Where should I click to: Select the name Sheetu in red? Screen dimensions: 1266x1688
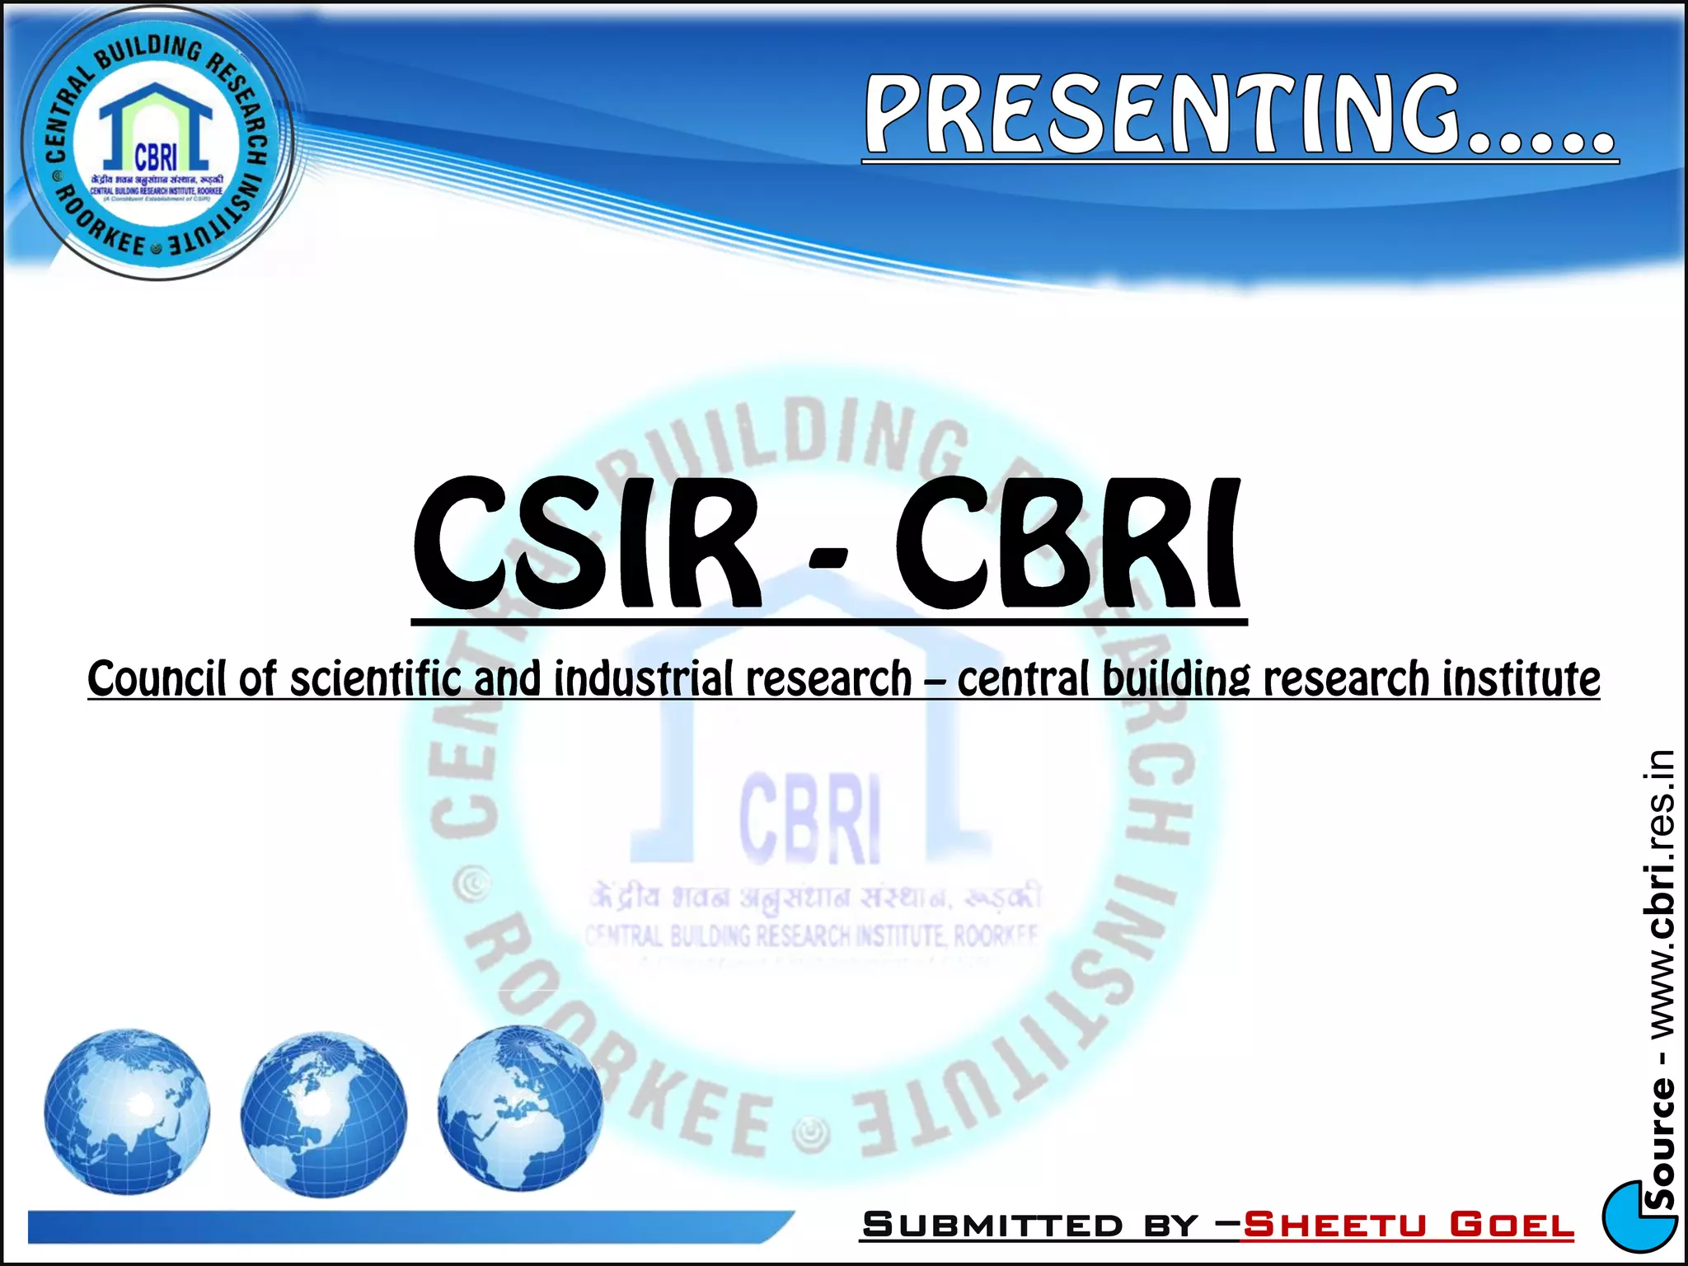(x=1334, y=1225)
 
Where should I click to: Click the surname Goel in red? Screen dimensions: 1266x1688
(x=1512, y=1225)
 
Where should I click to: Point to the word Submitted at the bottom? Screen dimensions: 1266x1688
(x=992, y=1225)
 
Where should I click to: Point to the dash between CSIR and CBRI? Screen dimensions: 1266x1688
(x=828, y=560)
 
